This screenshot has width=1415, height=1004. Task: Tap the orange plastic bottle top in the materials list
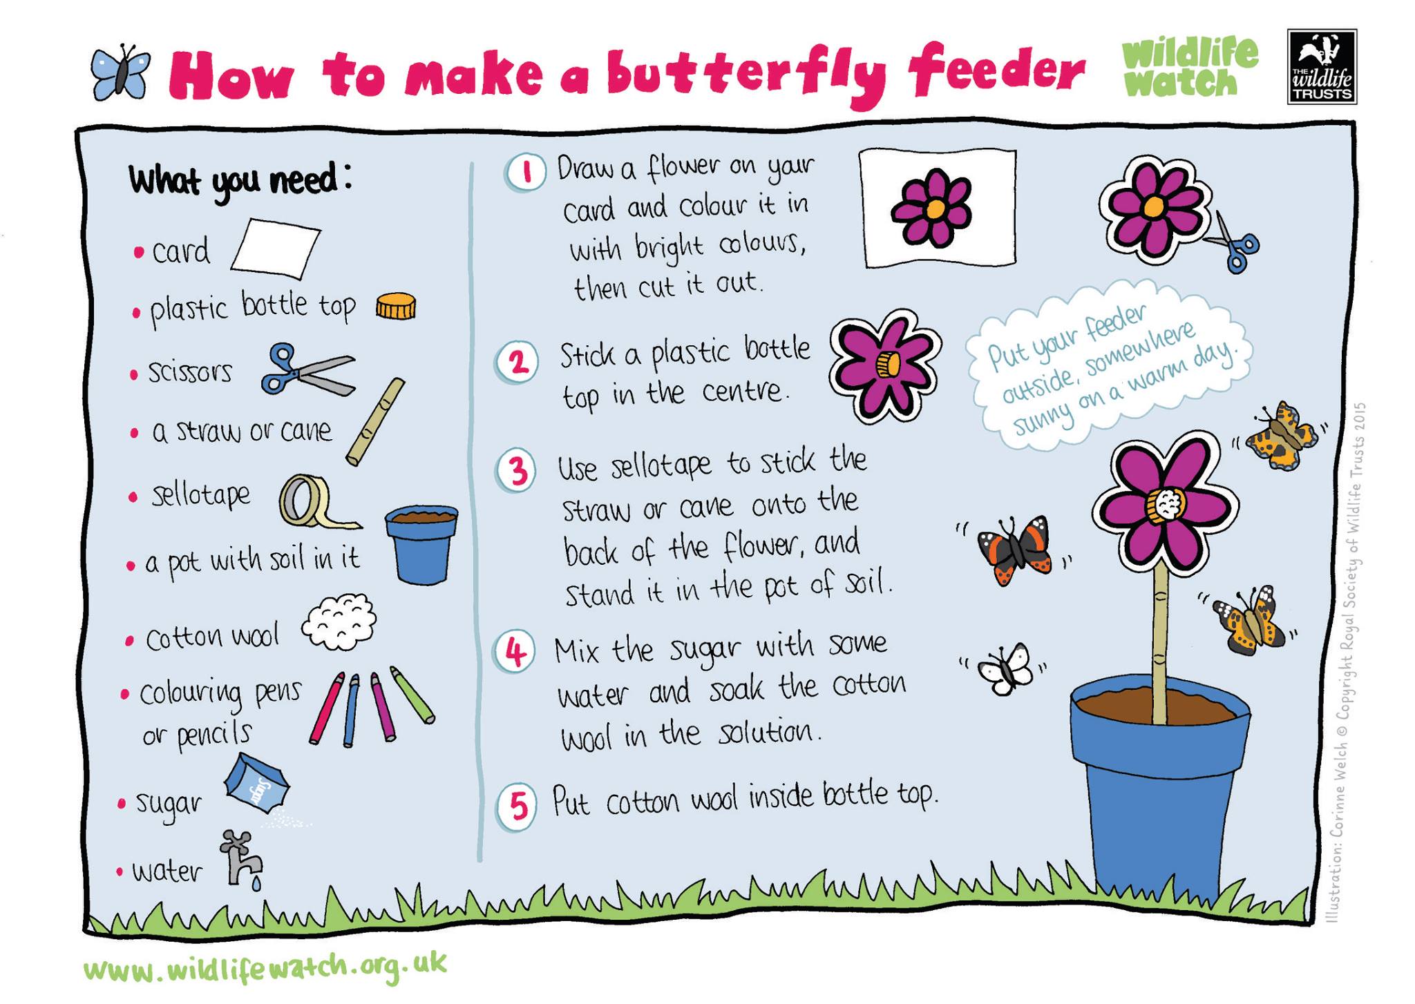(396, 305)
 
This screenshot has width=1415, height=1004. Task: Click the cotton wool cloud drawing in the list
(339, 622)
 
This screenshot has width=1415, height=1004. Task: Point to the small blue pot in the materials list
(421, 545)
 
